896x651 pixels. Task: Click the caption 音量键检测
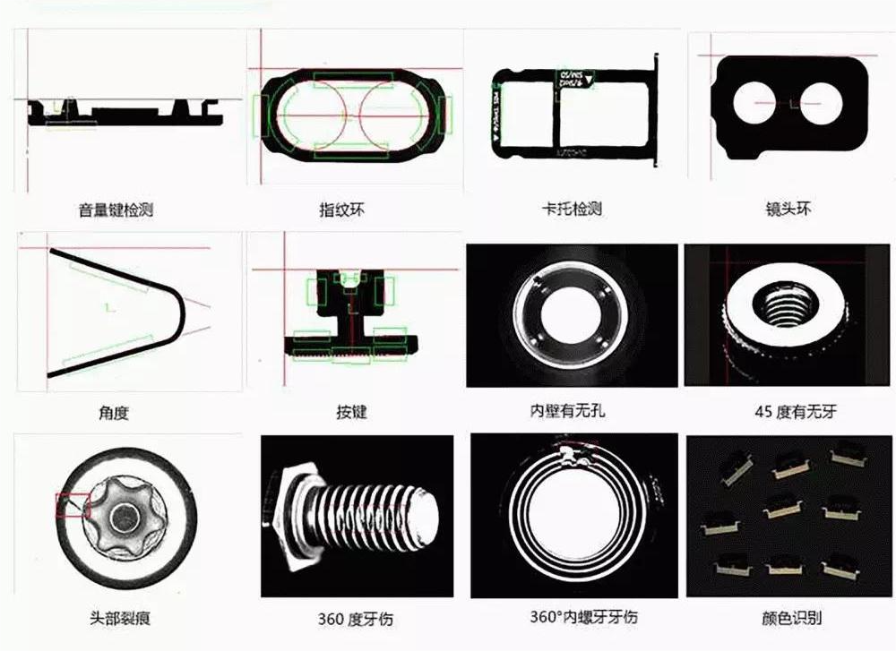pyautogui.click(x=116, y=210)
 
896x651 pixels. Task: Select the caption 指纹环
pyautogui.click(x=342, y=210)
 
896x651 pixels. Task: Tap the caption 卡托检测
pyautogui.click(x=572, y=210)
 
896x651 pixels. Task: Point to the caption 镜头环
pyautogui.click(x=789, y=210)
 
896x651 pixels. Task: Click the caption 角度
pyautogui.click(x=114, y=413)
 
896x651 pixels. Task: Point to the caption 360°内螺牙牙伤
pyautogui.click(x=572, y=618)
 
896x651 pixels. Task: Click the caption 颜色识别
pyautogui.click(x=789, y=618)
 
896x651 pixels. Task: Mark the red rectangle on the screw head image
pyautogui.click(x=73, y=505)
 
